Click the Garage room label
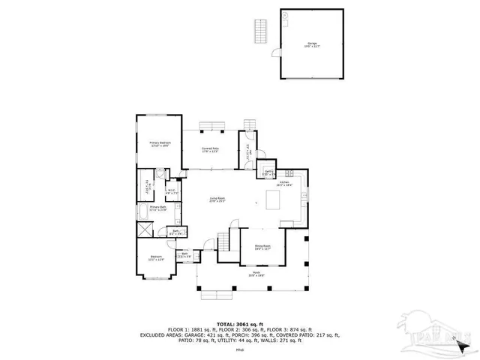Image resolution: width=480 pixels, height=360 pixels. (311, 44)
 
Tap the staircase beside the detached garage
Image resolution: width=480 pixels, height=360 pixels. (261, 32)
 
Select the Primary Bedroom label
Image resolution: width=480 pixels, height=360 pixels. (160, 144)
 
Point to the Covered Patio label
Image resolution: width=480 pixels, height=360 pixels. (210, 150)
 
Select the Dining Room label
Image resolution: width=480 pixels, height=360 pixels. (262, 247)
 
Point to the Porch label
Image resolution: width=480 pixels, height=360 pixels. (256, 275)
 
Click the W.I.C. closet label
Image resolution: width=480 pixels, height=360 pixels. (171, 190)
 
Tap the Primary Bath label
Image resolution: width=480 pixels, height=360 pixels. (157, 208)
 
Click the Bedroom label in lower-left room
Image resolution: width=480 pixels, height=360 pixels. (156, 258)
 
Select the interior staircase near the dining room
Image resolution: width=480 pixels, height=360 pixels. (223, 242)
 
